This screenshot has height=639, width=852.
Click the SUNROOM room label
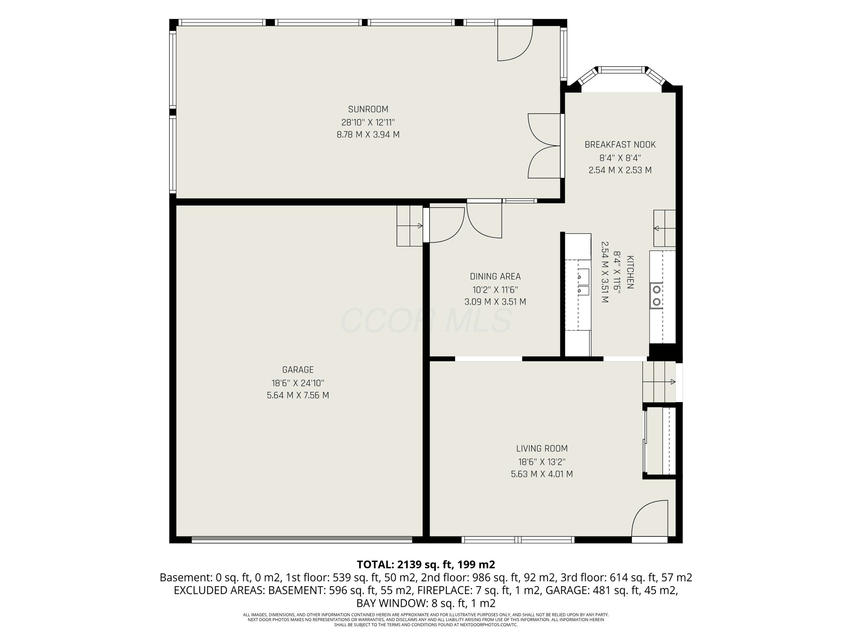tap(368, 109)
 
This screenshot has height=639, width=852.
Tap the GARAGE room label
tap(298, 370)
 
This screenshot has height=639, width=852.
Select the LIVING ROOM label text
tap(542, 448)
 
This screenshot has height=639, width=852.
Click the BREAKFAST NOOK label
tap(620, 145)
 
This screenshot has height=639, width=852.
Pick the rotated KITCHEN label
tap(630, 272)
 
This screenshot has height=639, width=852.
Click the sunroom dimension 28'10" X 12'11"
tap(368, 122)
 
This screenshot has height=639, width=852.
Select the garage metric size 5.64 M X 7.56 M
tap(298, 395)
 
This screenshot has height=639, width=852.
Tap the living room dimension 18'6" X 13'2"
tap(542, 461)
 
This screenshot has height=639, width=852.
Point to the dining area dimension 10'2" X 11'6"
tap(495, 289)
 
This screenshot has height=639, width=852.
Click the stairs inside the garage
tap(410, 226)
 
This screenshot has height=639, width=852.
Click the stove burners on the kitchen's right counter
tap(657, 295)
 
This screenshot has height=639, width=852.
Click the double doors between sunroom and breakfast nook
tap(544, 146)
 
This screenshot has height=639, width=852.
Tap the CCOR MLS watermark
tap(426, 320)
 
